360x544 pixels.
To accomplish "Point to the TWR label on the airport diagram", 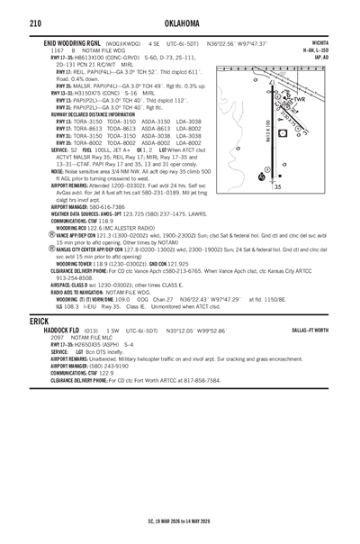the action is point(325,100).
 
